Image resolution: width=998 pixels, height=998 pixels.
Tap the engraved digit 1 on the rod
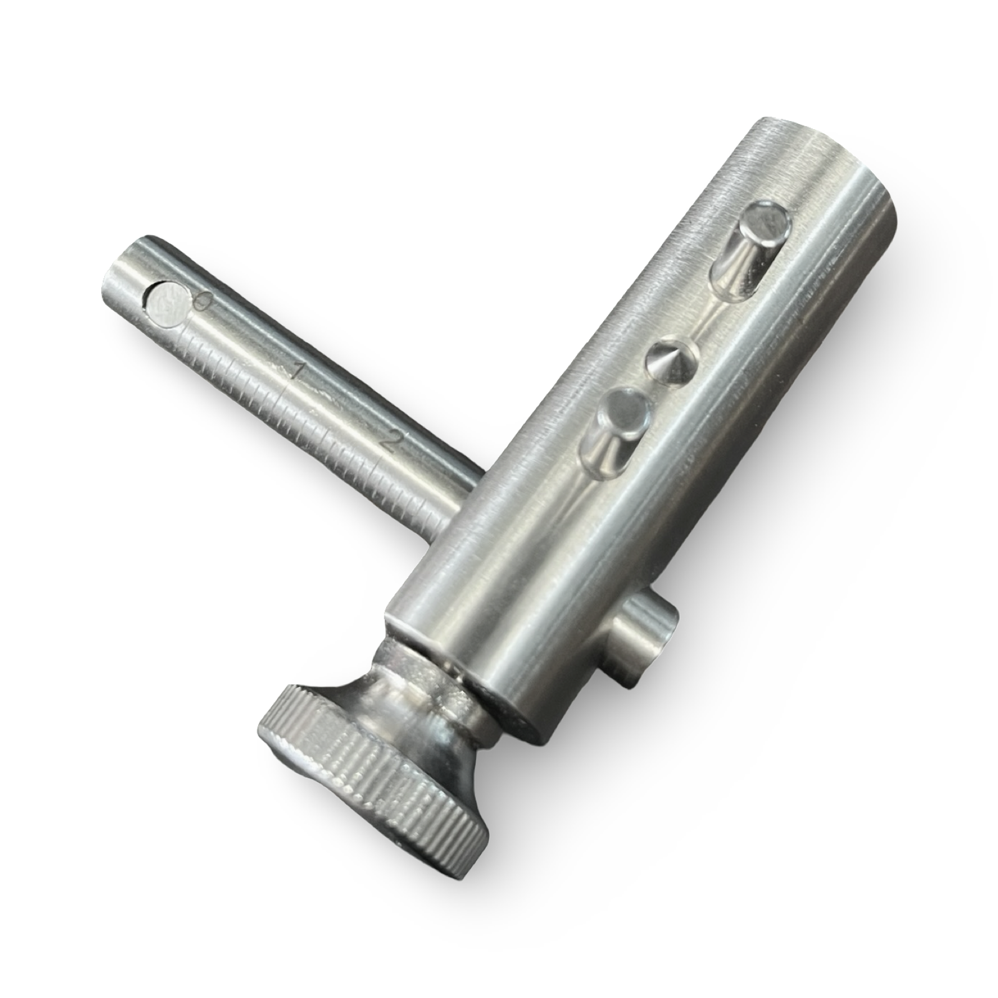click(298, 373)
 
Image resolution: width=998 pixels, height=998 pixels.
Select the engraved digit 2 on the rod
click(388, 442)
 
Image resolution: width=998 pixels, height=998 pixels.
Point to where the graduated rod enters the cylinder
click(465, 493)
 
